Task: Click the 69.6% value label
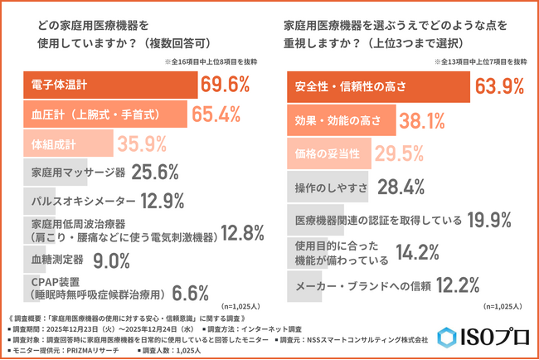point(226,85)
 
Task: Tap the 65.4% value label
point(217,114)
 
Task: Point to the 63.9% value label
point(500,85)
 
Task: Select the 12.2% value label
point(456,287)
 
